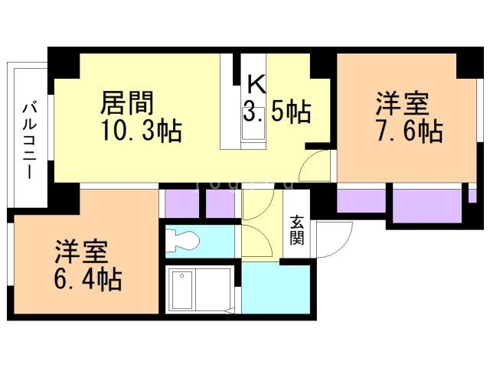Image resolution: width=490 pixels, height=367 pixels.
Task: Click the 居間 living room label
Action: (127, 103)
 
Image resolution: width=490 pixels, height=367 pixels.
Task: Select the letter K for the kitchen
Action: (256, 84)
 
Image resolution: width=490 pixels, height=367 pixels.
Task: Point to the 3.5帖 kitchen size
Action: (277, 111)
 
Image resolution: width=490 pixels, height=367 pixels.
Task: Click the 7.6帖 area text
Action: (410, 131)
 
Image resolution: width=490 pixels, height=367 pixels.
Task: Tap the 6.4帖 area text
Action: (88, 279)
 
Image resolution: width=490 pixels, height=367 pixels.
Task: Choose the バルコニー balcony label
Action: (29, 141)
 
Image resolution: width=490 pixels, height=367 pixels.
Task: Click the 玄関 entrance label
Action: (296, 230)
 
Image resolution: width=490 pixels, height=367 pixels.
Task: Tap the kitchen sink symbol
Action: (253, 125)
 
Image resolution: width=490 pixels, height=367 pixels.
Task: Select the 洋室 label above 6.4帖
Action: (81, 252)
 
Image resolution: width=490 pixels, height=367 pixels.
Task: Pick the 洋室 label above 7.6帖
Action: (402, 103)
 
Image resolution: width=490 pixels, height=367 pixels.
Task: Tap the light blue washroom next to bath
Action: (276, 288)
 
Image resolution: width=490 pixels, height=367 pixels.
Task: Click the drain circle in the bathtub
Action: (181, 275)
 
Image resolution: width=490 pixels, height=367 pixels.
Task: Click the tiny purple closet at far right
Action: (472, 196)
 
